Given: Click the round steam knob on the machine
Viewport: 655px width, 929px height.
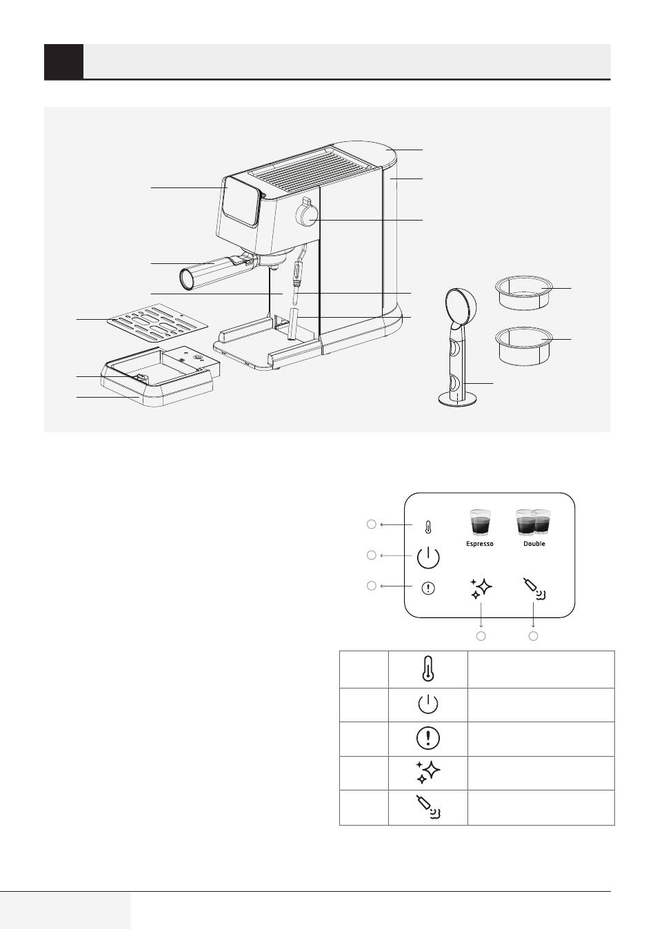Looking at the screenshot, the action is [307, 215].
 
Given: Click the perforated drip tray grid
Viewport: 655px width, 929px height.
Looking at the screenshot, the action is [157, 320].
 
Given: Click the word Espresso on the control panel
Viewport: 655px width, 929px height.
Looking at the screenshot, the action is [480, 543].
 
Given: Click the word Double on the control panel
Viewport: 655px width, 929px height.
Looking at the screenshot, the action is [534, 543].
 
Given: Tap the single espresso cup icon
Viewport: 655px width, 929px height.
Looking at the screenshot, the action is [480, 522].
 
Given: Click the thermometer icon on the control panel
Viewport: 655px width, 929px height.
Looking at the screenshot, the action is [428, 528].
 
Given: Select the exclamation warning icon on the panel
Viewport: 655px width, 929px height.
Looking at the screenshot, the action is [428, 588].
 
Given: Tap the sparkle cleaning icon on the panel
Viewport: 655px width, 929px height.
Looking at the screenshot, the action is [481, 589].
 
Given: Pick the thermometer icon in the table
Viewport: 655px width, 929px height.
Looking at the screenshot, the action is [427, 669].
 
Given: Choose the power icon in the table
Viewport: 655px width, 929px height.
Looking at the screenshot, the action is [427, 704].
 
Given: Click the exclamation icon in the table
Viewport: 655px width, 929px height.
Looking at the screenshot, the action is [427, 738].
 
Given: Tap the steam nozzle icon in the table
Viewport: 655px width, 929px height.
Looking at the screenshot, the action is [427, 806].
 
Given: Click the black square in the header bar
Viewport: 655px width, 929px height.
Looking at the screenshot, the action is [63, 61].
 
